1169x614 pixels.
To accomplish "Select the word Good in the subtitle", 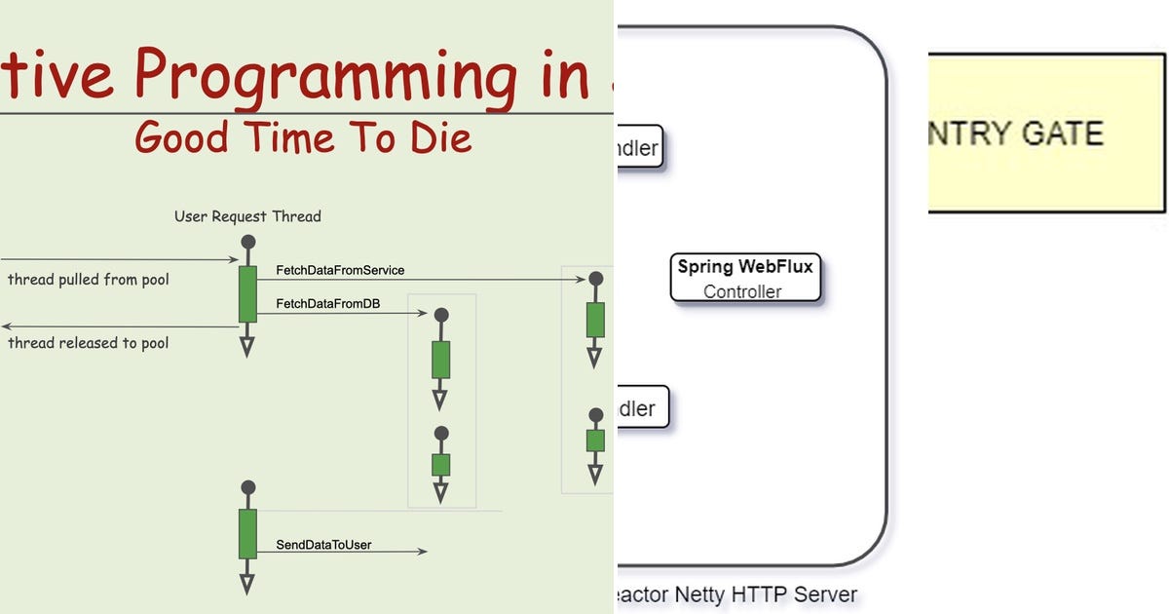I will tap(178, 137).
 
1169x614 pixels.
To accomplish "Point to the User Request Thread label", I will tap(247, 216).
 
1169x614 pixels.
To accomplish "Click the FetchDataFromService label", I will tap(340, 270).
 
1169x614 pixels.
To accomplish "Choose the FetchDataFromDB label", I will tap(327, 304).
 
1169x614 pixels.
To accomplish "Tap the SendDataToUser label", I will tap(323, 545).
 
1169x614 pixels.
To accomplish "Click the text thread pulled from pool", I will tap(89, 281).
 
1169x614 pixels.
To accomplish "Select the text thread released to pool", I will tap(89, 343).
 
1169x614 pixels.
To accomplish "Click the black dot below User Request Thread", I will tap(247, 242).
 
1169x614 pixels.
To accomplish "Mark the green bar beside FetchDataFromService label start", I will tap(247, 293).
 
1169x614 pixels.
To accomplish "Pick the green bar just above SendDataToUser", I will tap(247, 532).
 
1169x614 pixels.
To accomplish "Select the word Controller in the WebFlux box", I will tap(742, 291).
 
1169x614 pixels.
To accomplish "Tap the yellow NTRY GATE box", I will tap(1046, 133).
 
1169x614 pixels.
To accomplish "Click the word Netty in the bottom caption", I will tap(698, 594).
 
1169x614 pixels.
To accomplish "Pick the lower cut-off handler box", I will tap(642, 407).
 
